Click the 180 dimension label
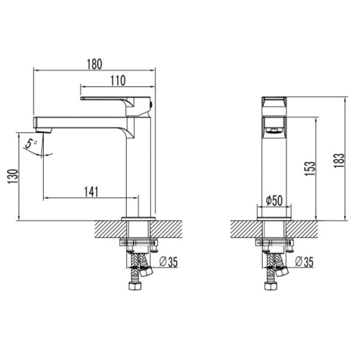(94, 64)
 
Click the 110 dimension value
(118, 81)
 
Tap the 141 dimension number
(91, 192)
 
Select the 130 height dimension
(13, 176)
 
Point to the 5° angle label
(31, 144)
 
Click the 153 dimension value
(310, 168)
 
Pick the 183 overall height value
(339, 161)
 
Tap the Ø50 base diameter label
(274, 201)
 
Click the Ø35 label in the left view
(169, 262)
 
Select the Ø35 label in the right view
(305, 262)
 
